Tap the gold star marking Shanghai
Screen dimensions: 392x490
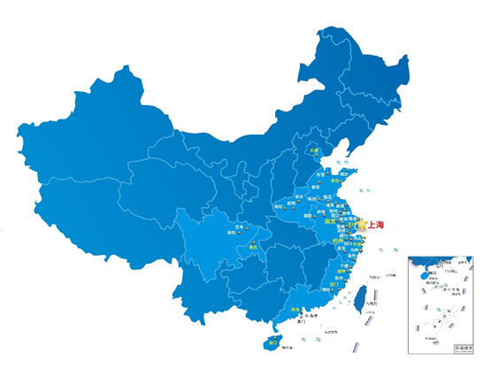(x=361, y=225)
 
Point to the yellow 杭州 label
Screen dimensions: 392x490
(x=337, y=242)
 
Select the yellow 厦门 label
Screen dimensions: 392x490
(x=335, y=284)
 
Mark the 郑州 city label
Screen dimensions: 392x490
(x=300, y=201)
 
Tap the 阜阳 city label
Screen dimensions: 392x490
(x=310, y=214)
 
